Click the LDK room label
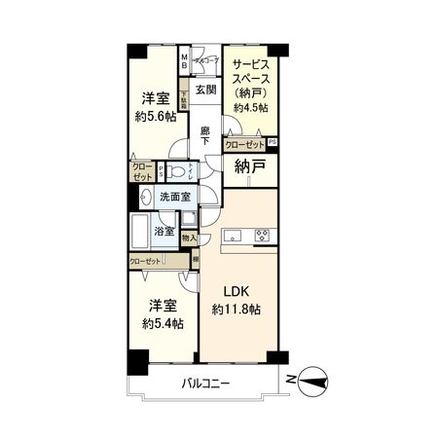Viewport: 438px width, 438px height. click(x=238, y=291)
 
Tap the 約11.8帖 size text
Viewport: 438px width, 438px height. click(x=237, y=310)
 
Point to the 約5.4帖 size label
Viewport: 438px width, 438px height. click(x=161, y=323)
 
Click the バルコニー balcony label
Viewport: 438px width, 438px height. click(x=204, y=383)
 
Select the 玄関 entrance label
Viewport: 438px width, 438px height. click(x=204, y=91)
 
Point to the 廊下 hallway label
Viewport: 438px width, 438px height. click(x=204, y=137)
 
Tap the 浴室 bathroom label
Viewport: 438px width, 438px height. click(x=164, y=232)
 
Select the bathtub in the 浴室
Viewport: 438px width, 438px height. click(x=140, y=232)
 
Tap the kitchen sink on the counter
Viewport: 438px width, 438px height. click(x=234, y=235)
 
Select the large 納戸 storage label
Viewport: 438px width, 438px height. click(x=249, y=167)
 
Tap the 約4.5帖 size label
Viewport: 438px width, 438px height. click(x=250, y=107)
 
